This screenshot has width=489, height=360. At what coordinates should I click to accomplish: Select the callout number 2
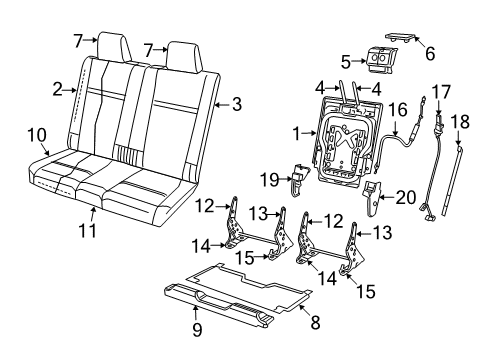(58, 90)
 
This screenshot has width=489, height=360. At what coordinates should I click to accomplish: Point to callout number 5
(346, 60)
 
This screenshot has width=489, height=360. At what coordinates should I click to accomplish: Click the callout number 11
(93, 233)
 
